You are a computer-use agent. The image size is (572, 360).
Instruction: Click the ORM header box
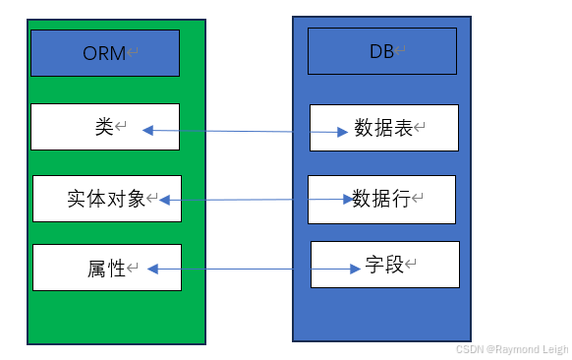(105, 53)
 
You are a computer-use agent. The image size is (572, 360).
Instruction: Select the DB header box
(382, 51)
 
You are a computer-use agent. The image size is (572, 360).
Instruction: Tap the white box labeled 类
(105, 127)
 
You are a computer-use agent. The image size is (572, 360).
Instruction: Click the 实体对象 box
(106, 199)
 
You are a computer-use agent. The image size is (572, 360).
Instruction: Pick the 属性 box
(106, 268)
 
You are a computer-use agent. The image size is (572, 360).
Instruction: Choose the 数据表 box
(384, 128)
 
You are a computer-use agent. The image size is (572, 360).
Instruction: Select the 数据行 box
(381, 200)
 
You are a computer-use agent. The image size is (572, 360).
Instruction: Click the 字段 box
(385, 266)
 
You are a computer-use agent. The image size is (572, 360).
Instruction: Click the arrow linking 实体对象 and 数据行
(256, 200)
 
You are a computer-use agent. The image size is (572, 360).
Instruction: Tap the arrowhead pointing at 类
(148, 129)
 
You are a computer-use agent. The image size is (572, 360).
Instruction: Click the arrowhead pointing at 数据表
(347, 132)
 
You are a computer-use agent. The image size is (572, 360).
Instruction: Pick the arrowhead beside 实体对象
(164, 200)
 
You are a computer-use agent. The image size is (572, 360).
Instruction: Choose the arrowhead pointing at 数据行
(347, 200)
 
